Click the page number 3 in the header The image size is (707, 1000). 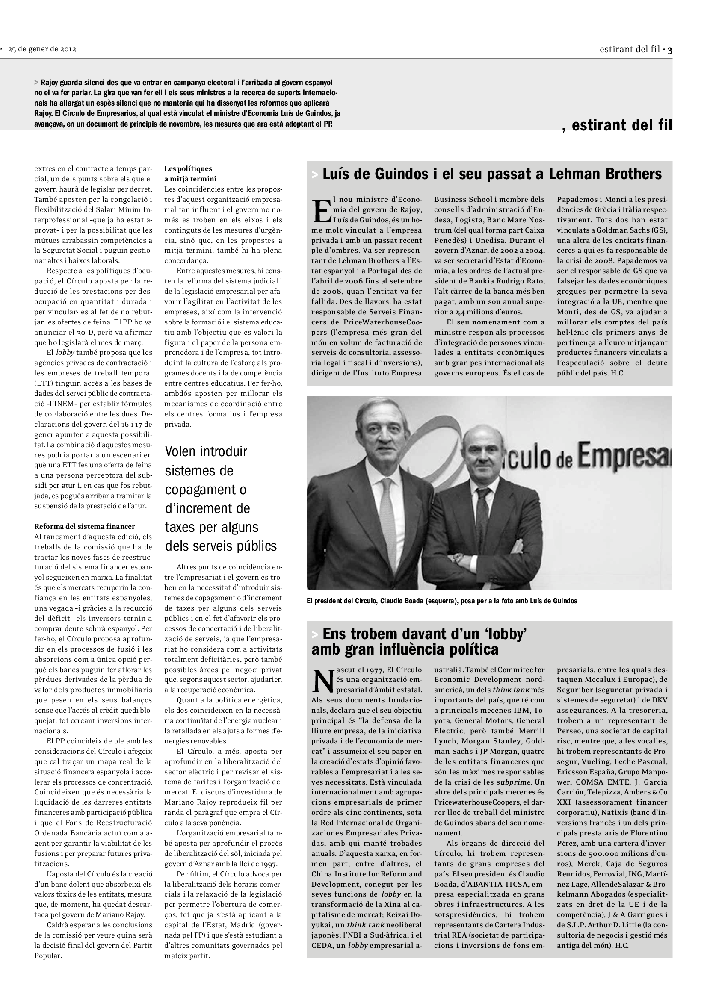point(670,50)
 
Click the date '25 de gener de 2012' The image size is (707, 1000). point(42,49)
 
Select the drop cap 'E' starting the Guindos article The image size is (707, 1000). point(321,211)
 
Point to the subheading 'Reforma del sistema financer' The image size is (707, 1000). point(85,526)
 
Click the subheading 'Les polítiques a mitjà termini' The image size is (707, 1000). point(190,173)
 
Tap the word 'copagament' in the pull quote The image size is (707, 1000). point(206,489)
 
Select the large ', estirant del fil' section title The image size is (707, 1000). point(617,125)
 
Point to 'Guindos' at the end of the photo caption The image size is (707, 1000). point(564,601)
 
